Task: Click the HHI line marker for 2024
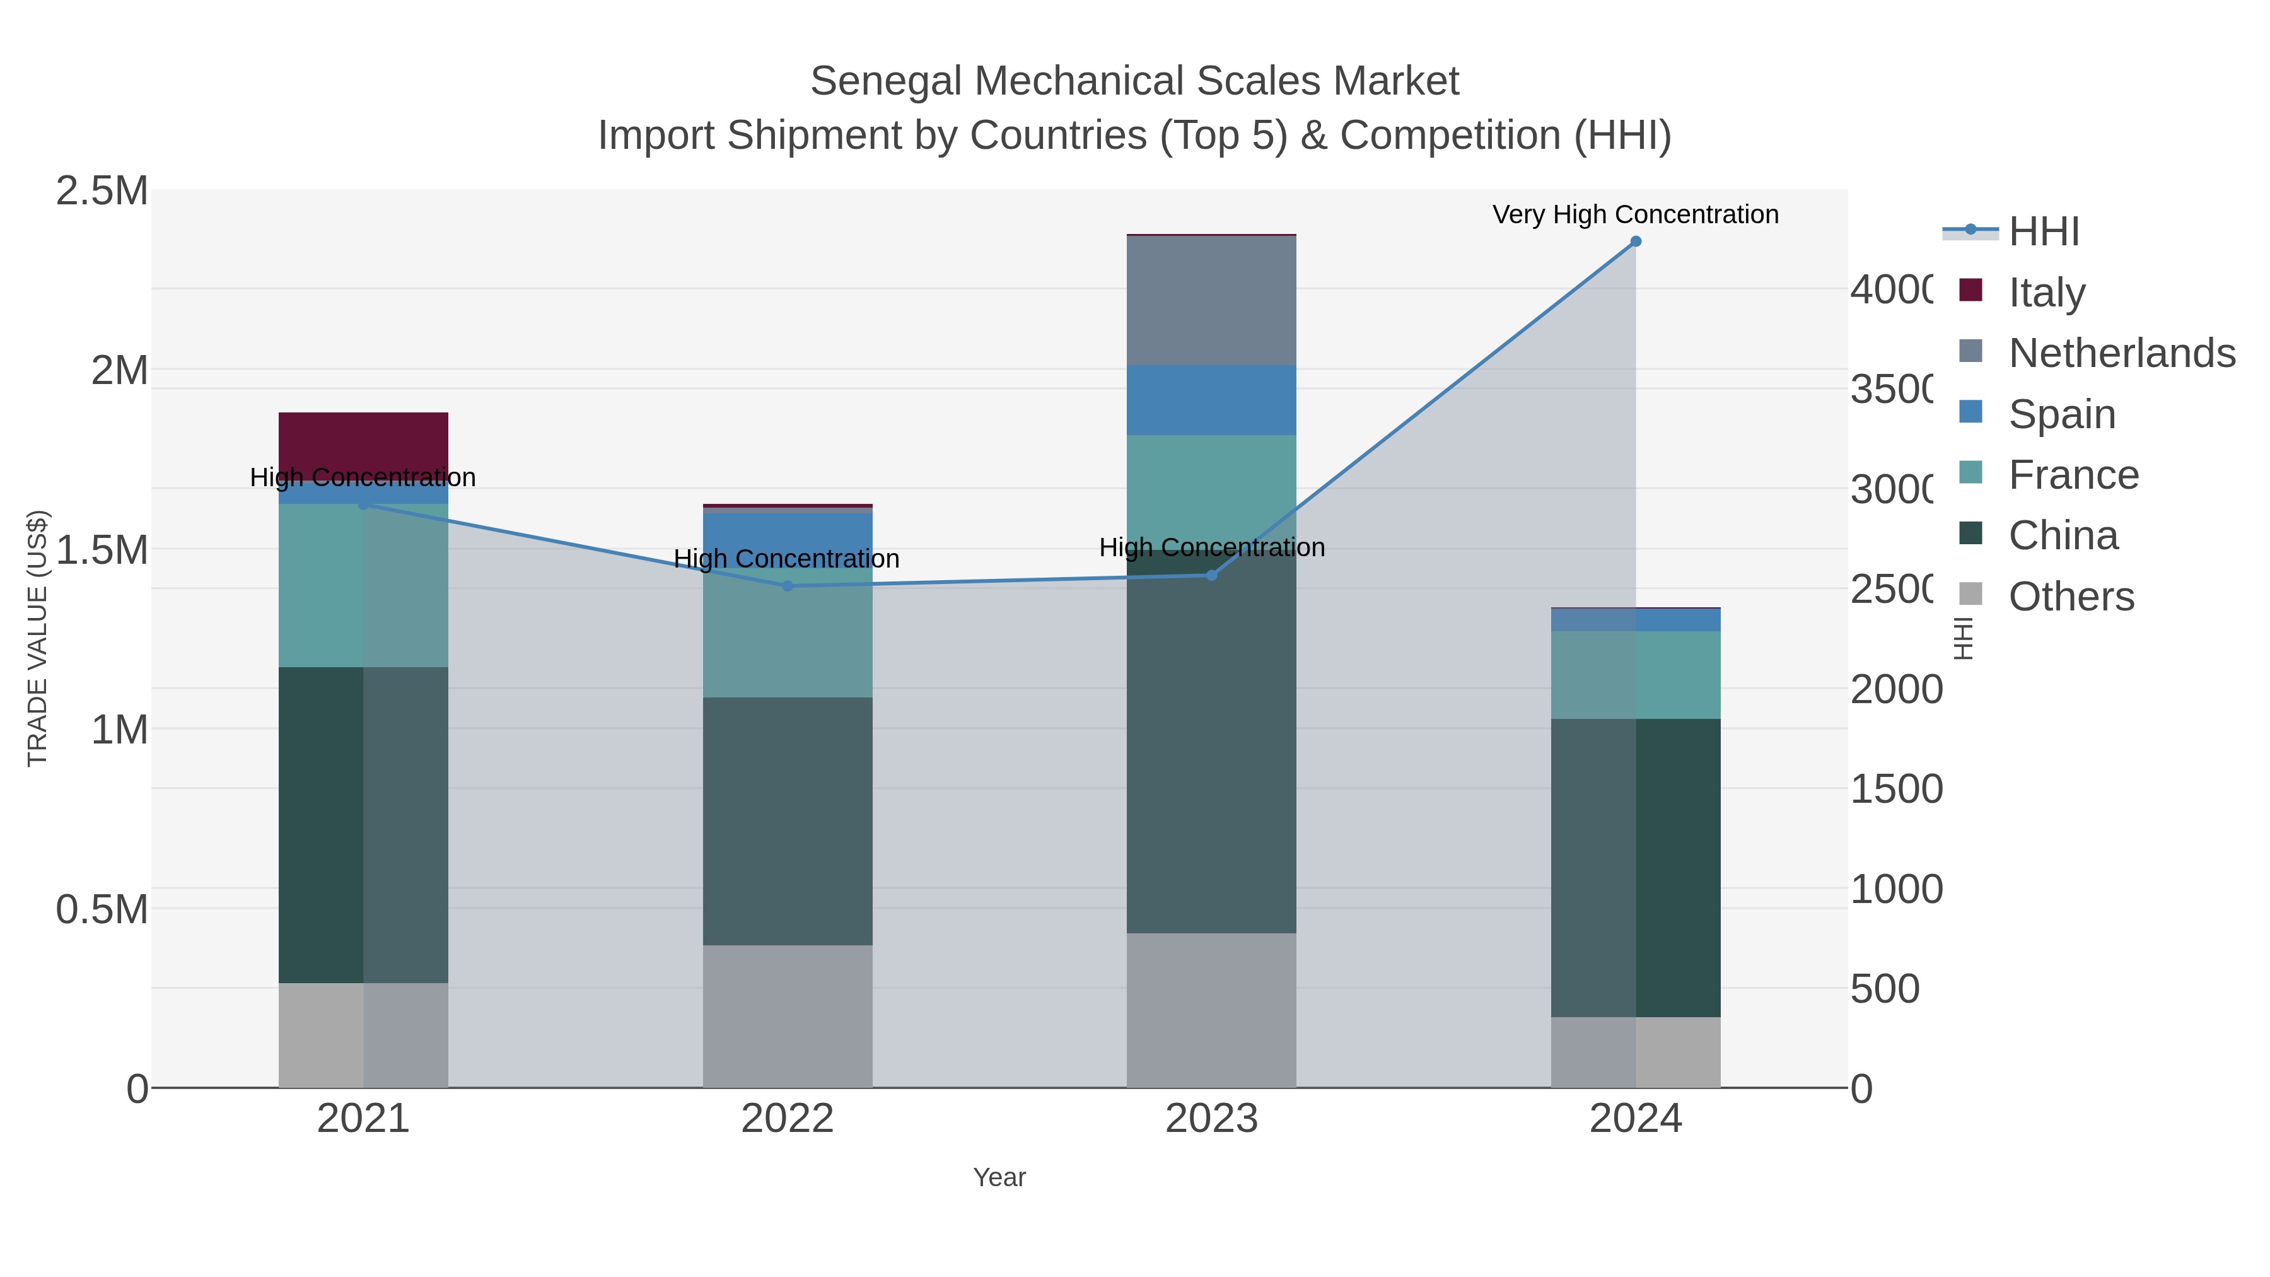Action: pyautogui.click(x=1636, y=242)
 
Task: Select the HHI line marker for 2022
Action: pyautogui.click(x=788, y=586)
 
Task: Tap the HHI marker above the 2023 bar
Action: pyautogui.click(x=1212, y=576)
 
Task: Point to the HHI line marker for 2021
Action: pyautogui.click(x=363, y=504)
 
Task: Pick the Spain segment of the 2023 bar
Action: pyautogui.click(x=1212, y=400)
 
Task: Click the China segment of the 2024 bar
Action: pyautogui.click(x=1636, y=868)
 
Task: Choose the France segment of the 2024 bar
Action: pyautogui.click(x=1636, y=675)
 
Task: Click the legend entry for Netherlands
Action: pyautogui.click(x=2121, y=353)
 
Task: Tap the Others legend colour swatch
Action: pyautogui.click(x=1970, y=595)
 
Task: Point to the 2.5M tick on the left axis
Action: pyautogui.click(x=102, y=191)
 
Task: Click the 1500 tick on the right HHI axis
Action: pyautogui.click(x=1895, y=790)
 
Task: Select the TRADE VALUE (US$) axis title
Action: pyautogui.click(x=37, y=638)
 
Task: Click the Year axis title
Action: pyautogui.click(x=999, y=1177)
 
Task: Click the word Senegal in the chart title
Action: pyautogui.click(x=886, y=82)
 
